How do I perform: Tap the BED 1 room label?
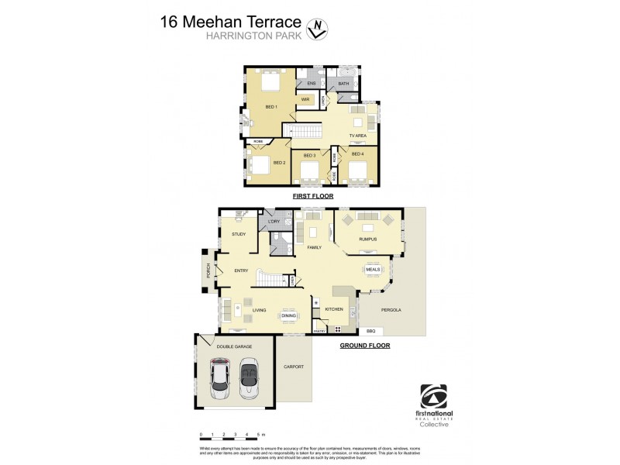coord(271,106)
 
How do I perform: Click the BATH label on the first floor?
coord(343,84)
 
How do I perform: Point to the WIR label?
coord(305,99)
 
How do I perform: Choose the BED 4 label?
coord(357,154)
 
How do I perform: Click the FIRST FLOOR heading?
coord(312,197)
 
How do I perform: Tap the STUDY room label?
coord(239,233)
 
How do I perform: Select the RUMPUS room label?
coord(367,239)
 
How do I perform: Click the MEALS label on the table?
coord(372,270)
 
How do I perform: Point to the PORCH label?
coord(208,270)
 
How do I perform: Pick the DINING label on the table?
coord(288,315)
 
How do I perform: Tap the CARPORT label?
coord(293,367)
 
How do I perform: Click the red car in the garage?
coord(220,377)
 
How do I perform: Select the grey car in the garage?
coord(249,377)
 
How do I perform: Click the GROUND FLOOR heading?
coord(364,346)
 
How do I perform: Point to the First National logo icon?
coord(434,396)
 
